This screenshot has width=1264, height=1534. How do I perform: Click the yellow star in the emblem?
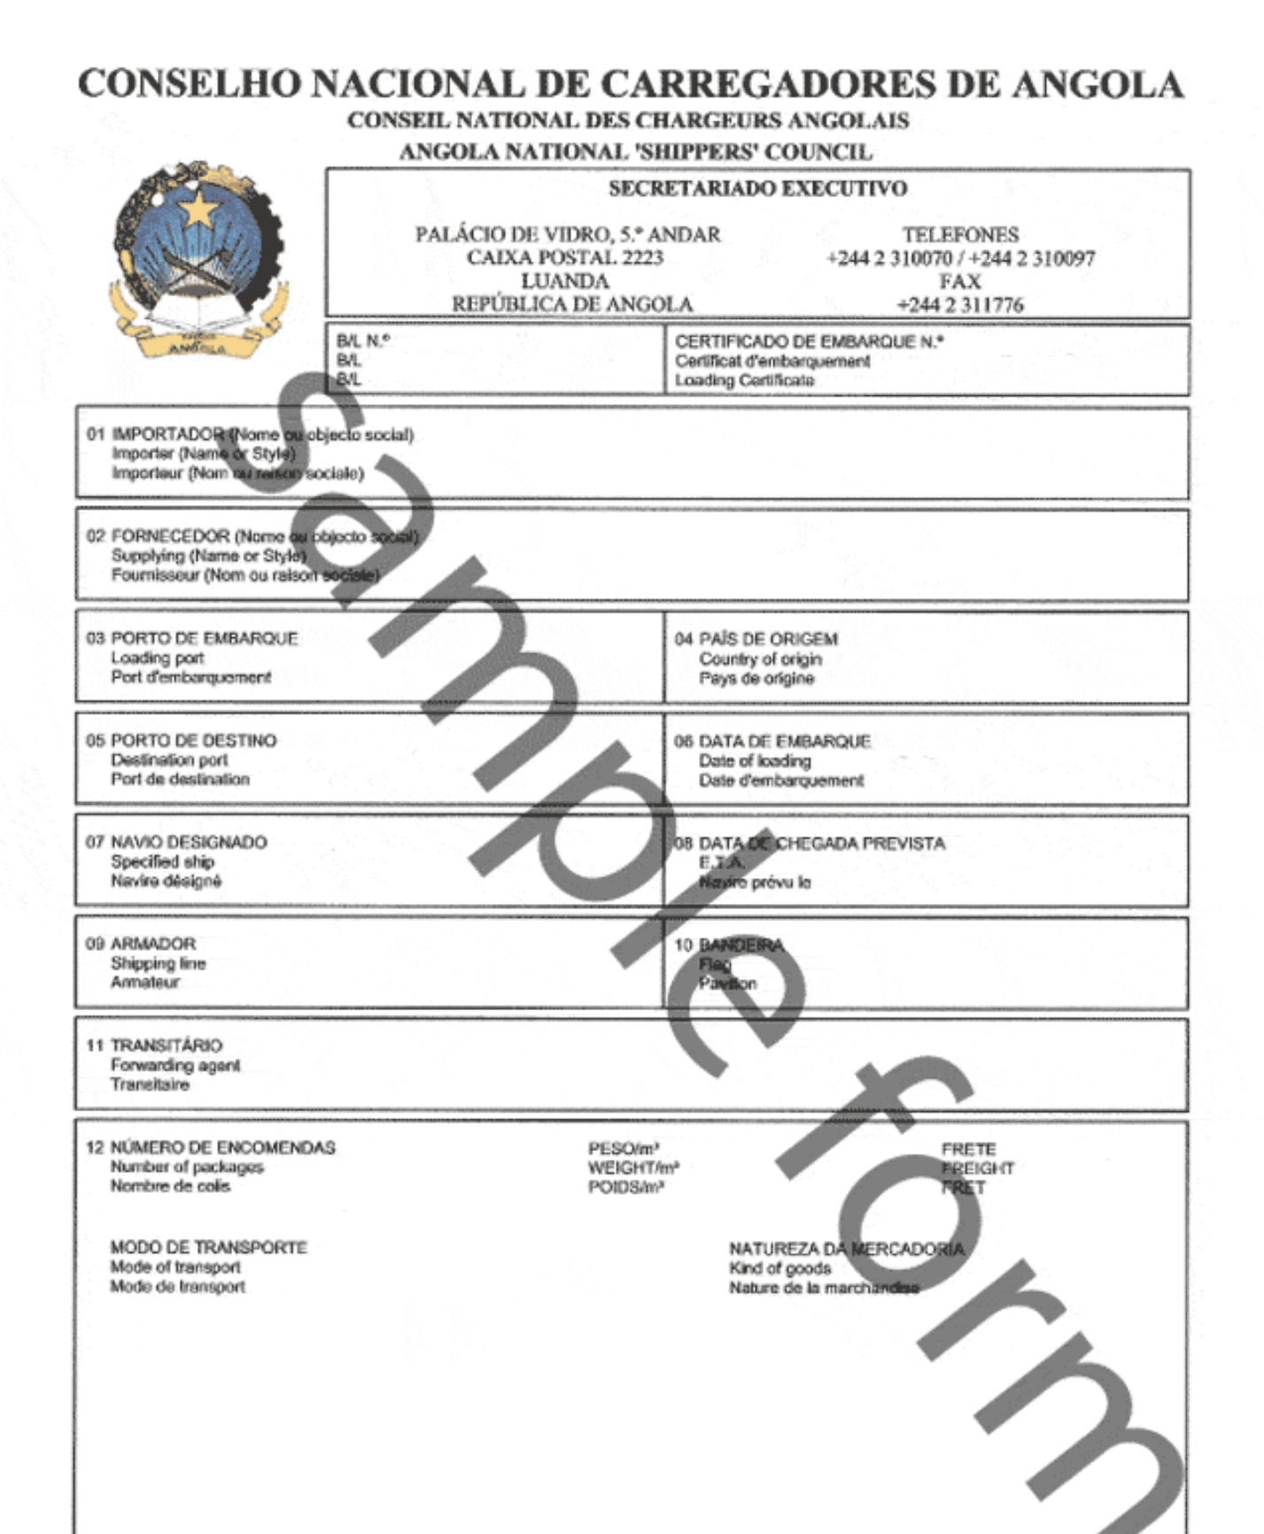(x=200, y=211)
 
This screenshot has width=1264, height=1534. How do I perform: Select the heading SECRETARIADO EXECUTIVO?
(x=757, y=189)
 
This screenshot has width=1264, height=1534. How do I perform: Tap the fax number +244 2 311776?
(x=960, y=305)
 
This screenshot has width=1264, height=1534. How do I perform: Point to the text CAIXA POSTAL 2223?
(x=565, y=258)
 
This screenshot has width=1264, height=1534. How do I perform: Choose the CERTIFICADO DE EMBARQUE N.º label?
(x=809, y=341)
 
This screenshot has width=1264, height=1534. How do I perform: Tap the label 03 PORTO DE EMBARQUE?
(x=192, y=638)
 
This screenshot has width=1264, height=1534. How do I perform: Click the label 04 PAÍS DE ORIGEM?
(x=756, y=639)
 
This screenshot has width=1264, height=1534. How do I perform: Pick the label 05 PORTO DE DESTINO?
(x=182, y=740)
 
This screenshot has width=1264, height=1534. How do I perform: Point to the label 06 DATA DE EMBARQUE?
(x=772, y=741)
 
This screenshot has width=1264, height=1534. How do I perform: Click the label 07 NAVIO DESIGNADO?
(x=176, y=842)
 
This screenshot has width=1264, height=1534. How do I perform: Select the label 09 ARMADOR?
(x=141, y=944)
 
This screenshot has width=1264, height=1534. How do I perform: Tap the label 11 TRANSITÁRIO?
(x=154, y=1046)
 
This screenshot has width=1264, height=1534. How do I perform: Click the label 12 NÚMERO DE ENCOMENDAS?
(x=211, y=1148)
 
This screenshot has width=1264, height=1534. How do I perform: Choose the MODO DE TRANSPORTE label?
(x=208, y=1248)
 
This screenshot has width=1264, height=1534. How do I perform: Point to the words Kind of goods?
(x=779, y=1268)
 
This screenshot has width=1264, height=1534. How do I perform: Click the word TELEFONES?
(x=960, y=235)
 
